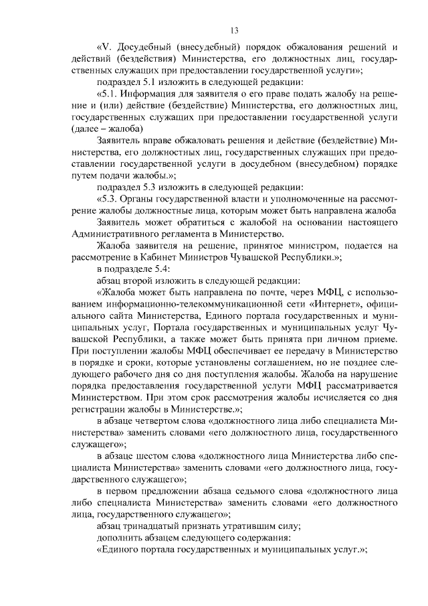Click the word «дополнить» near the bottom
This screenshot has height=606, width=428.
119,537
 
